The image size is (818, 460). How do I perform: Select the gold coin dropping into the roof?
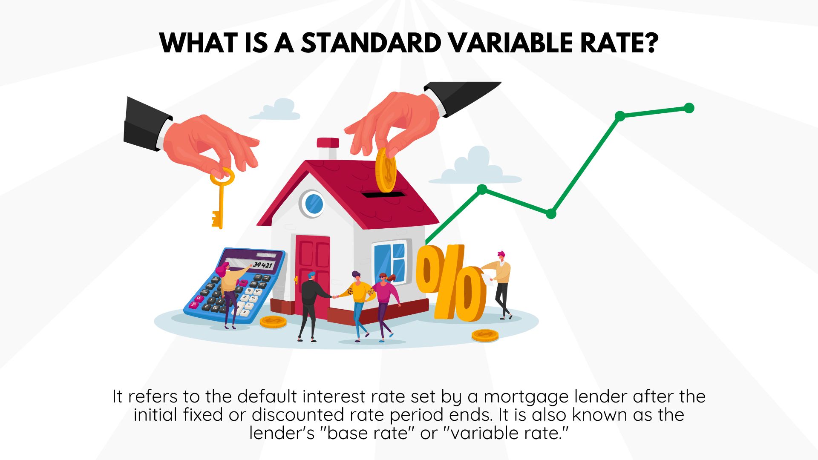tap(386, 170)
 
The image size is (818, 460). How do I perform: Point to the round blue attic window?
tap(314, 204)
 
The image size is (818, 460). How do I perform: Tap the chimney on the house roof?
tap(328, 148)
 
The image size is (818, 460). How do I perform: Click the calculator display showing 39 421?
tap(262, 264)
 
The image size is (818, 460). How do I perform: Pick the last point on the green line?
tap(689, 108)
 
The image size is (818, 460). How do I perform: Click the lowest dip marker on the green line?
tap(551, 214)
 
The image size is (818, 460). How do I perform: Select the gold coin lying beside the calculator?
tap(273, 322)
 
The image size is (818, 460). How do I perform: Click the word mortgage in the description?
tap(527, 397)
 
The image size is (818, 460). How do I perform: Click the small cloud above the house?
tap(276, 109)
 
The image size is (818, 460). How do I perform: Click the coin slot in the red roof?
tap(383, 195)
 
